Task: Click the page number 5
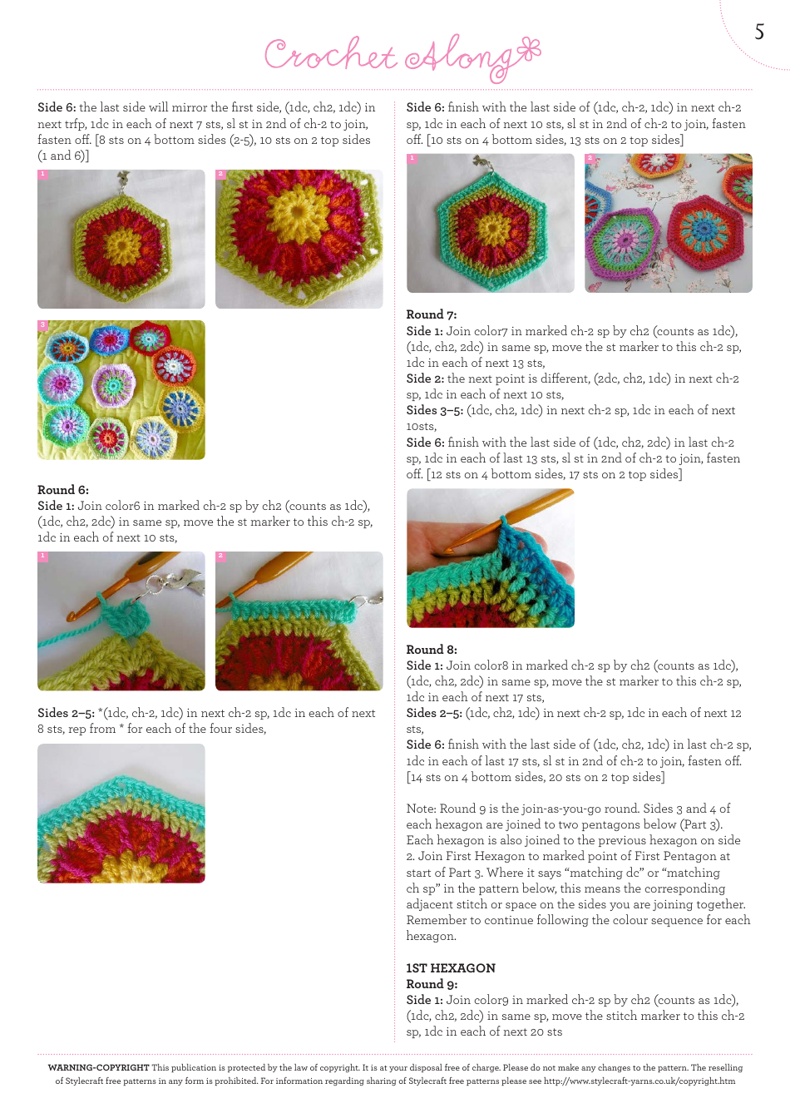click(x=759, y=32)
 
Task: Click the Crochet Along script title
click(x=402, y=56)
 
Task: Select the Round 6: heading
click(x=63, y=490)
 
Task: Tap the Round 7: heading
click(x=432, y=314)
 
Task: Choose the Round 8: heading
click(x=432, y=650)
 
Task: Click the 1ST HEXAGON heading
click(x=451, y=968)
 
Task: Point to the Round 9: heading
click(x=432, y=984)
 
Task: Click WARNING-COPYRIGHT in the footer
click(x=99, y=1067)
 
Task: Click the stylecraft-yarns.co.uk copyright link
click(x=639, y=1081)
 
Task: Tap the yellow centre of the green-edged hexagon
click(x=123, y=244)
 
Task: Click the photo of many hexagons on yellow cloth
click(x=121, y=390)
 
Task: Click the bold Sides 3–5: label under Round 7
click(x=435, y=410)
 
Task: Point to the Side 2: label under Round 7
click(x=425, y=378)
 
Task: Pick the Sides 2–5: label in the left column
click(x=66, y=713)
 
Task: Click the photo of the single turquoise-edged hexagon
click(x=491, y=223)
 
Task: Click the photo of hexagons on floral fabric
click(x=669, y=223)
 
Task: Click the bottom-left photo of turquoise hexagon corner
click(x=121, y=814)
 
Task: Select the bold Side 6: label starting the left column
click(x=57, y=107)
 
